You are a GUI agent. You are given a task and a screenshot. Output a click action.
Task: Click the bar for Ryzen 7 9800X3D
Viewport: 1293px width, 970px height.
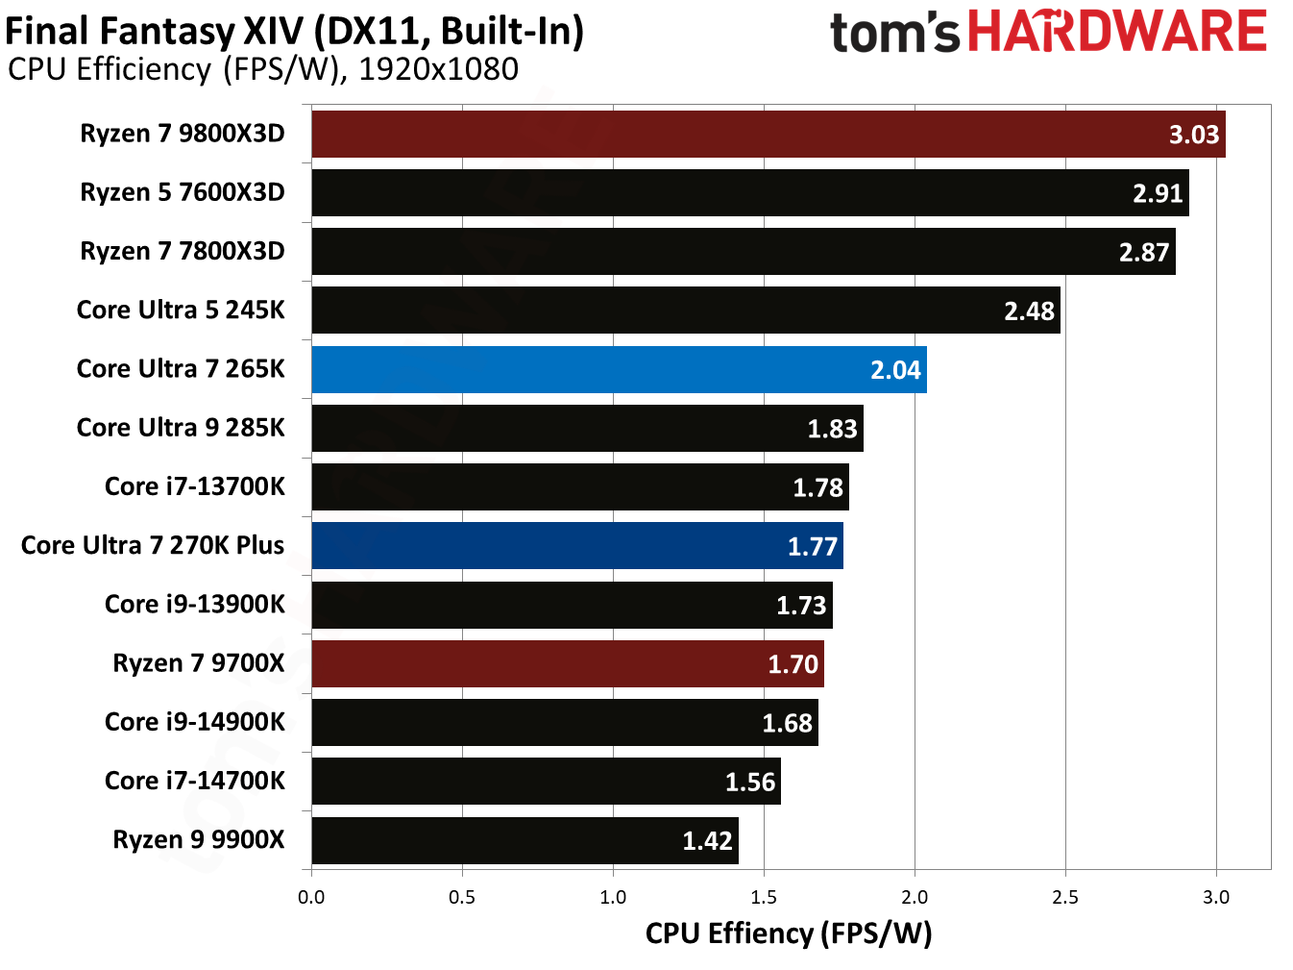tap(768, 134)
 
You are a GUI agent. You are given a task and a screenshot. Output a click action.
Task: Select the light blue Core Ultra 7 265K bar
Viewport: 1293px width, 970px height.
tap(619, 369)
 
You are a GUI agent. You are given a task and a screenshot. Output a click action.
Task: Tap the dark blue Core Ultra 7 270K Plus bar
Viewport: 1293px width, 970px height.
tap(576, 546)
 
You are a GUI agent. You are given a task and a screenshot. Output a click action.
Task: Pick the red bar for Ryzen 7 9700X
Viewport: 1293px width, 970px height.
tap(567, 663)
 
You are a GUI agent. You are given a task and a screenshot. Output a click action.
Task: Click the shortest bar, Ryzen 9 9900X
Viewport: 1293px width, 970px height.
tap(525, 840)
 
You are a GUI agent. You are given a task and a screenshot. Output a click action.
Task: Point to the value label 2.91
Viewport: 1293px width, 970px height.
tap(1157, 193)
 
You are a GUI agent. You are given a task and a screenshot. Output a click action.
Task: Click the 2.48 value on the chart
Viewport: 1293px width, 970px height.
tap(1029, 311)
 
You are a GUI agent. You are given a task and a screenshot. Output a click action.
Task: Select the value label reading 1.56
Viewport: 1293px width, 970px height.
tap(749, 782)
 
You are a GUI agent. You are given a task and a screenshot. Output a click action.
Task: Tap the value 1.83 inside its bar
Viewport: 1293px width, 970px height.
tap(832, 429)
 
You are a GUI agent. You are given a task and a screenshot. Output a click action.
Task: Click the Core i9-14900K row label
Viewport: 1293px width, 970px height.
tap(195, 722)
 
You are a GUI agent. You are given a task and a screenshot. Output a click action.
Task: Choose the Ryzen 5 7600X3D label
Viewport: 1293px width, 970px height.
tap(183, 192)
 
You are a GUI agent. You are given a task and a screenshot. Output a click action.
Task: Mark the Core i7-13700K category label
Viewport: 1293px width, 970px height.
tap(195, 486)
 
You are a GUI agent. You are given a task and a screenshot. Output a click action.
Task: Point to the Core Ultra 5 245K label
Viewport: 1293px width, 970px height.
tap(181, 310)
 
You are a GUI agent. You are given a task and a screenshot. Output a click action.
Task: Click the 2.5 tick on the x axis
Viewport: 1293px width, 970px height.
tap(1065, 897)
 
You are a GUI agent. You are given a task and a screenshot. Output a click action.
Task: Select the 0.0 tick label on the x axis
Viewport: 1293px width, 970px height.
tap(311, 897)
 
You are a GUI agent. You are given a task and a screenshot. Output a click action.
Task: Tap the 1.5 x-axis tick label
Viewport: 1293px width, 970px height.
tap(764, 897)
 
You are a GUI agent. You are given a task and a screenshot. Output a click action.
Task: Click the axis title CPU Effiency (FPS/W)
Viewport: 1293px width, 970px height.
tap(789, 933)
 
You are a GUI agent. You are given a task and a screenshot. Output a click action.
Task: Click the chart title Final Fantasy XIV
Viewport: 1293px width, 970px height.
tap(294, 31)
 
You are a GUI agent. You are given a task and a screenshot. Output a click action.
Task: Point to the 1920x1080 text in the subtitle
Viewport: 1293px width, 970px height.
tap(438, 69)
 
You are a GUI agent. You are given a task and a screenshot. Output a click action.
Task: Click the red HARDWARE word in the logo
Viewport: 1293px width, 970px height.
tap(1117, 31)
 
